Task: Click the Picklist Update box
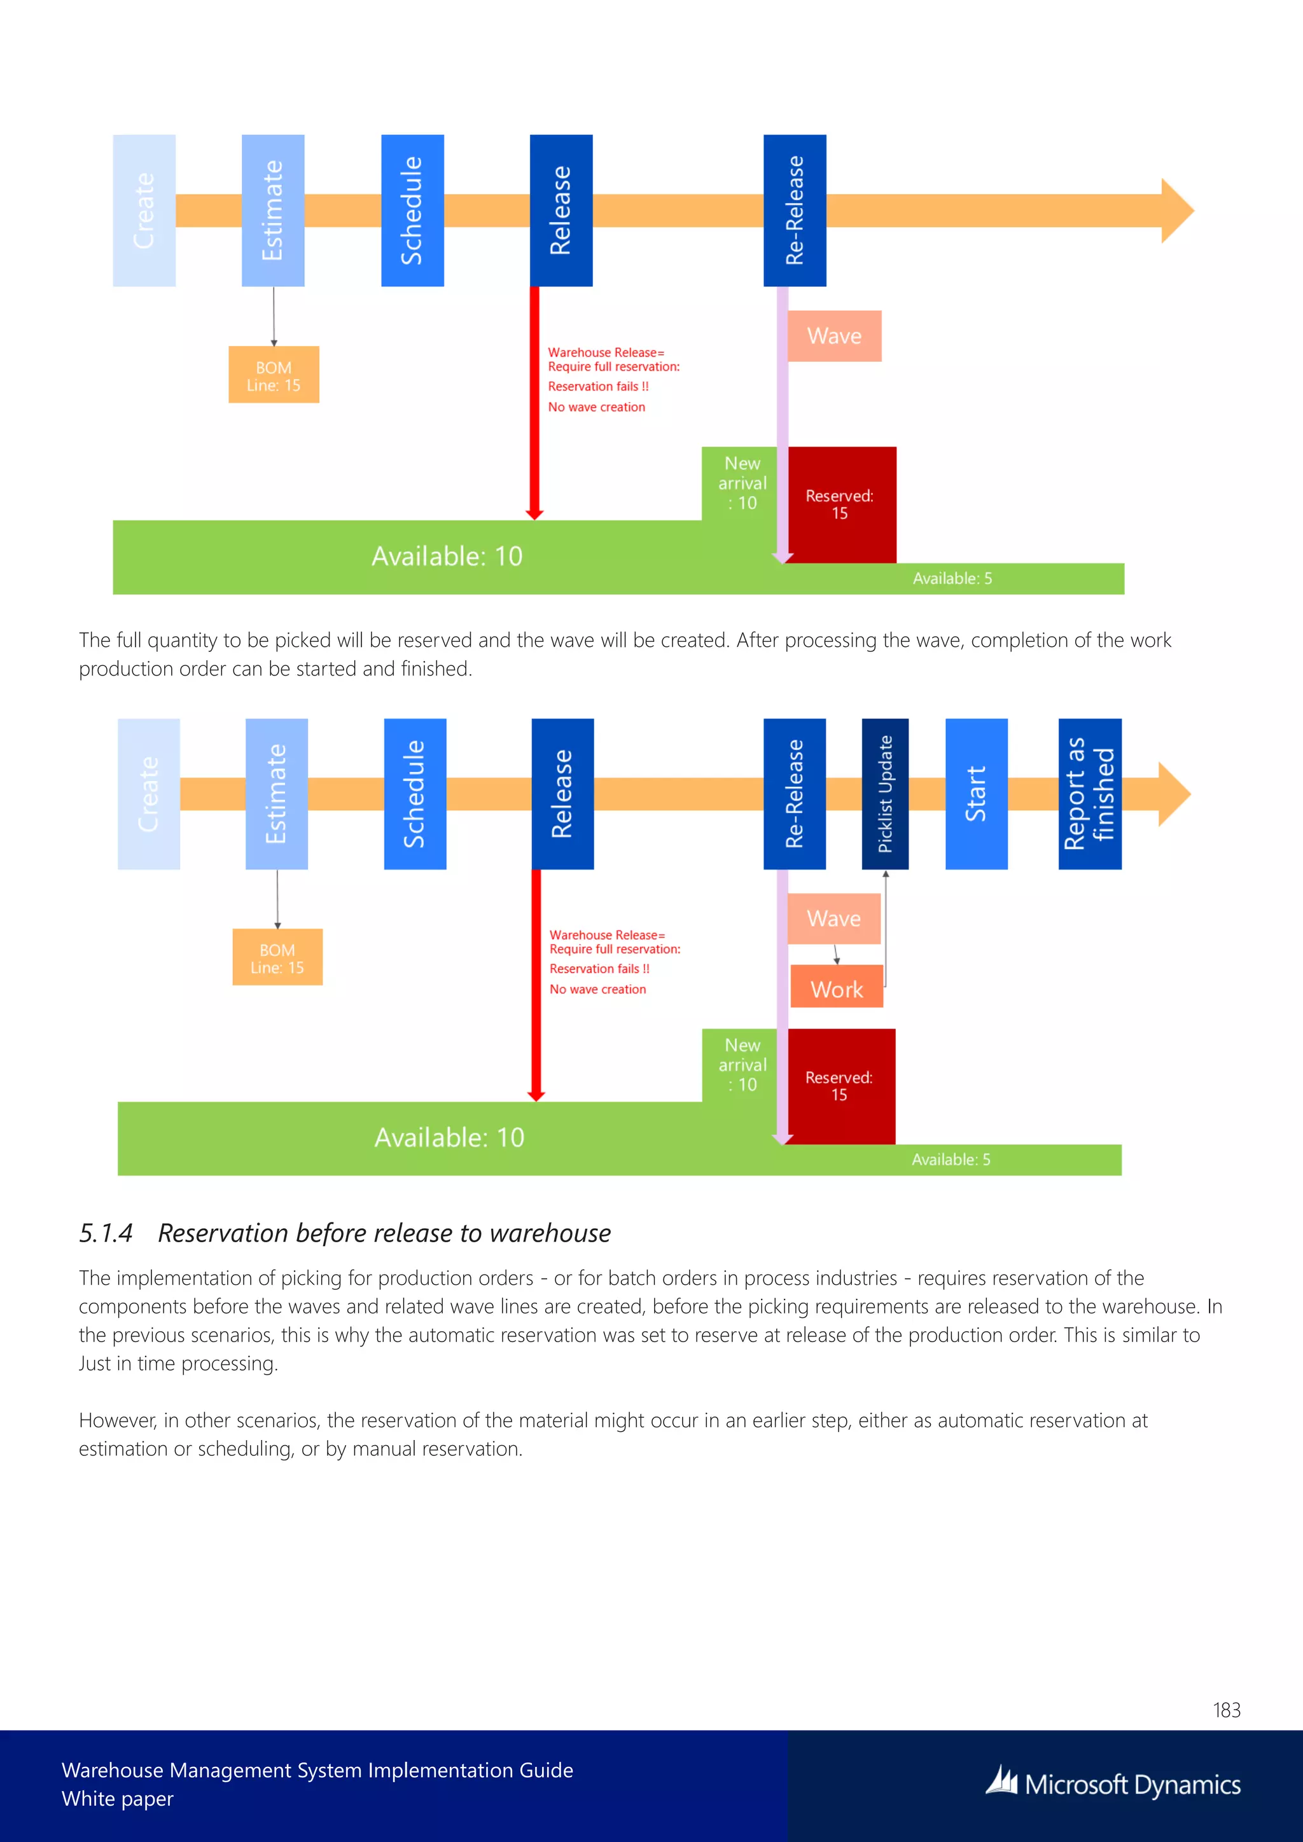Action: click(885, 793)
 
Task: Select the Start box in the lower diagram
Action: click(975, 793)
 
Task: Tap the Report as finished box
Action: click(1090, 793)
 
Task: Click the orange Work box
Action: click(837, 988)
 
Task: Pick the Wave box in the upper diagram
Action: click(835, 335)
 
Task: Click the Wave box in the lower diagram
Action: click(833, 918)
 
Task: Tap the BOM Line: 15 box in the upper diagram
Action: click(274, 375)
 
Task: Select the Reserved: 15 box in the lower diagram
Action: click(841, 1086)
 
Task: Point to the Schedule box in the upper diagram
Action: click(412, 210)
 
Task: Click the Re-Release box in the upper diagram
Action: click(794, 210)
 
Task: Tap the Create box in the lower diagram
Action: click(148, 793)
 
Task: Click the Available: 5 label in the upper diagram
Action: click(952, 578)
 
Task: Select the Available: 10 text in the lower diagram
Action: click(449, 1138)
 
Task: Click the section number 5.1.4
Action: click(106, 1233)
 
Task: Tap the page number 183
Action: click(1226, 1710)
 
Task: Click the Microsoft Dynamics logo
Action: click(1113, 1783)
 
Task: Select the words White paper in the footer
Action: click(117, 1799)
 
